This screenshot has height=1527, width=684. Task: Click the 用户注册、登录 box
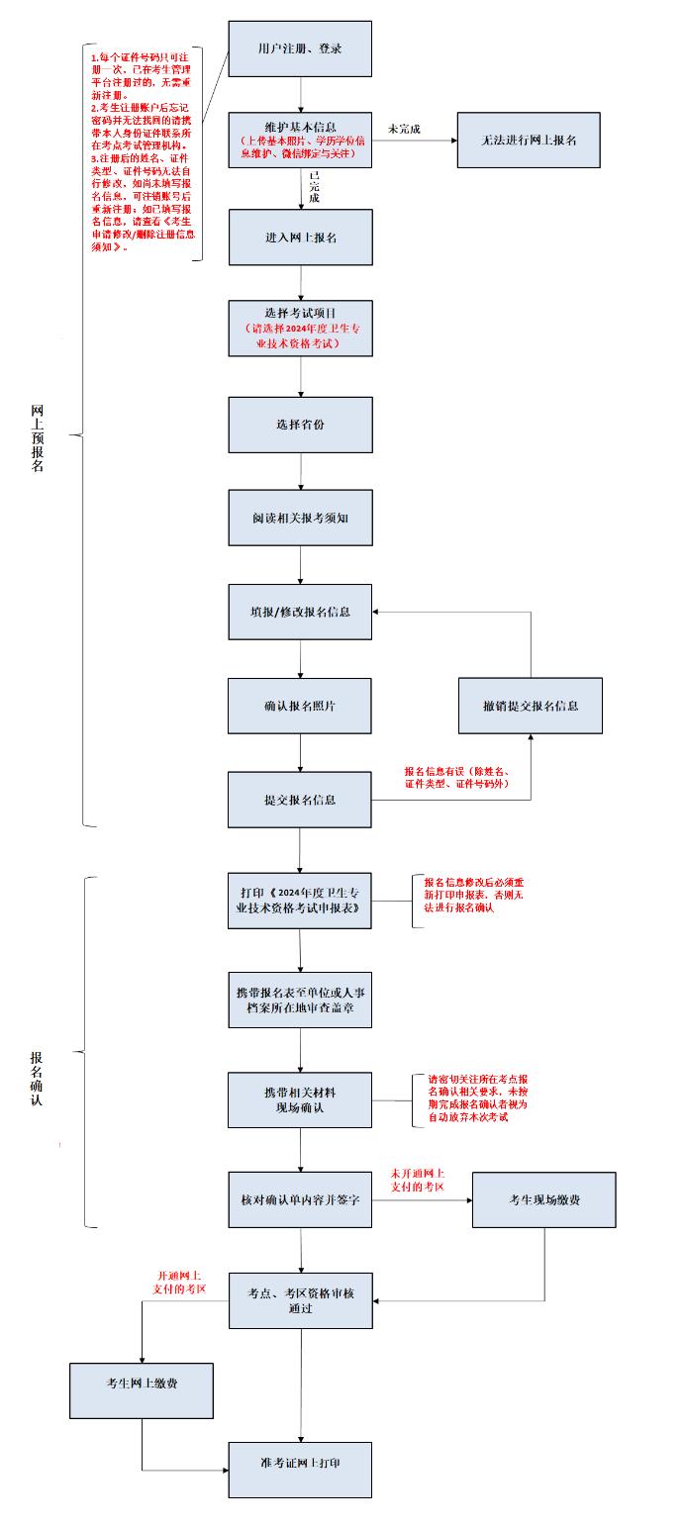click(300, 48)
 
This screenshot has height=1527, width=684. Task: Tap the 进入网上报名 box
click(300, 237)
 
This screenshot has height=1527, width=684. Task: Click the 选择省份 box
click(300, 425)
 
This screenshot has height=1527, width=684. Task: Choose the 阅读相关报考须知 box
click(300, 517)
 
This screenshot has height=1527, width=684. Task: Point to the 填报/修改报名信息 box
click(300, 612)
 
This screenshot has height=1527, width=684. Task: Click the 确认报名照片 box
click(300, 706)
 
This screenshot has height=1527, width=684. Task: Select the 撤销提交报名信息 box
click(530, 706)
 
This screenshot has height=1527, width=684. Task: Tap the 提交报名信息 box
click(300, 800)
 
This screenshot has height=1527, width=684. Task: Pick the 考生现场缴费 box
click(544, 1199)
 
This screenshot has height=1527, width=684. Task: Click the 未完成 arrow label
click(404, 129)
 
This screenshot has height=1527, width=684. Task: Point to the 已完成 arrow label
click(314, 187)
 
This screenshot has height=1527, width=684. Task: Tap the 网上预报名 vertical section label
click(38, 437)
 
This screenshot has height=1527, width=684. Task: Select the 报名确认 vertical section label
click(37, 1079)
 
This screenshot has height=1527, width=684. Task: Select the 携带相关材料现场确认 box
click(300, 1099)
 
